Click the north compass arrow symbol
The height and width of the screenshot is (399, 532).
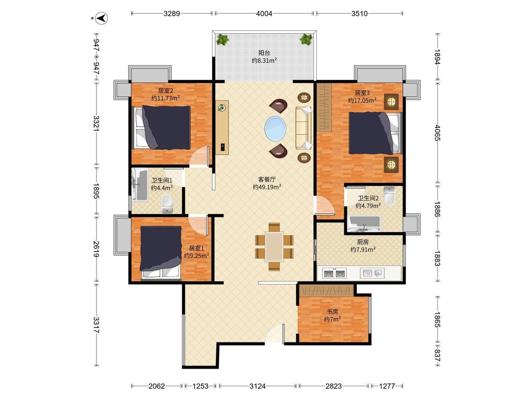click(102, 17)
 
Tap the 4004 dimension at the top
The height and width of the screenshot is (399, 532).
click(264, 14)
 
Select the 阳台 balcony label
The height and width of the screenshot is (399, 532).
click(264, 53)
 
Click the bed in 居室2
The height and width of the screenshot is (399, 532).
click(163, 128)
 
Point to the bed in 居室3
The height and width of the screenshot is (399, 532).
click(375, 133)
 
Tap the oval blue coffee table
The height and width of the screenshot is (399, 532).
click(275, 128)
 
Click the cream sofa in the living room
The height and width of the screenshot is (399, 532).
click(304, 128)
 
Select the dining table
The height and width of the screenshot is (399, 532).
click(274, 246)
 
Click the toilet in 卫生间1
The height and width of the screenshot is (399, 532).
click(167, 204)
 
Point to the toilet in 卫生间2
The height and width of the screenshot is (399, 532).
click(390, 195)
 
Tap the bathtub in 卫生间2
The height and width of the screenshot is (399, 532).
click(364, 223)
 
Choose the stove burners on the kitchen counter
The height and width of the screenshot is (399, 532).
click(334, 273)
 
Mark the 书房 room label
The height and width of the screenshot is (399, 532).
click(332, 312)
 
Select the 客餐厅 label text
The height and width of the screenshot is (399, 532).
click(267, 180)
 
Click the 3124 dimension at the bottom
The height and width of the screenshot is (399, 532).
click(258, 386)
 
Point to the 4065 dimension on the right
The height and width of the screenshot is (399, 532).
click(437, 133)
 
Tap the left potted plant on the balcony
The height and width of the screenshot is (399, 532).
click(223, 39)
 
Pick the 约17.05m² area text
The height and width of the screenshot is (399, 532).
click(362, 100)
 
